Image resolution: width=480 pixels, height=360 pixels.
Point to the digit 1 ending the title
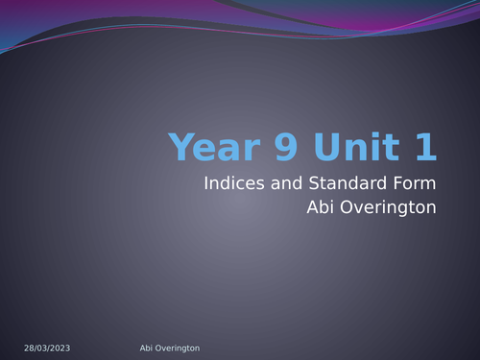pos(425,148)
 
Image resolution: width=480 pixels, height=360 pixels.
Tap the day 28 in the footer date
pos(28,346)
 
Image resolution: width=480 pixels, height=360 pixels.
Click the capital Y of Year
pos(180,148)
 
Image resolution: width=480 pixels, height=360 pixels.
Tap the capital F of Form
pos(392,183)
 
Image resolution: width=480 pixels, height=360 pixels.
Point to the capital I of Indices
pos(206,183)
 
